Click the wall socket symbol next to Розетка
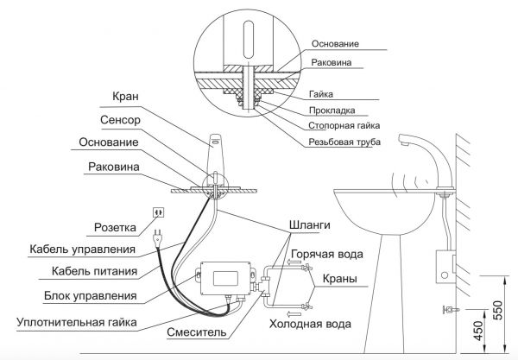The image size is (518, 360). click(x=158, y=212)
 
